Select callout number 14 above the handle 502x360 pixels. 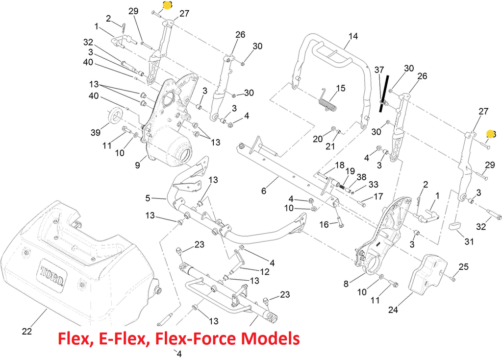pyautogui.click(x=353, y=36)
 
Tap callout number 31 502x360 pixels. pyautogui.click(x=470, y=241)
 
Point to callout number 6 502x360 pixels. pyautogui.click(x=264, y=191)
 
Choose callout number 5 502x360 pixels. pyautogui.click(x=148, y=198)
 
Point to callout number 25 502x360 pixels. pyautogui.click(x=463, y=267)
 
